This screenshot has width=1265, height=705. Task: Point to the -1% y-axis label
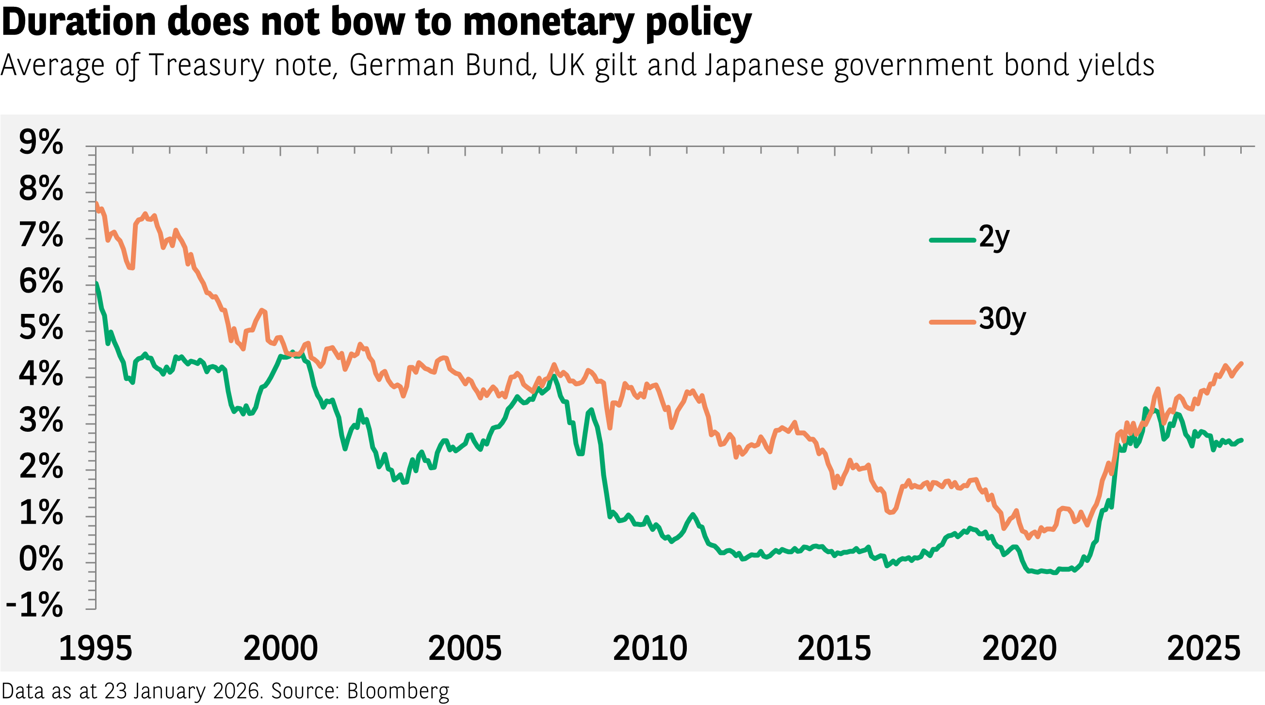point(34,605)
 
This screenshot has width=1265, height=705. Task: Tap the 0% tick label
point(41,558)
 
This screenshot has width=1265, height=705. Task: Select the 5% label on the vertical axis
point(41,328)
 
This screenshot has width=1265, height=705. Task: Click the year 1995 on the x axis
point(96,649)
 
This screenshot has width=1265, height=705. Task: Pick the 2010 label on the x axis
point(649,649)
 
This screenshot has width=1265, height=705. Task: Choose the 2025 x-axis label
point(1203,649)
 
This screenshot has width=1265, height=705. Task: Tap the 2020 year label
point(1020,649)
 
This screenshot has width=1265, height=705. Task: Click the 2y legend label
point(994,238)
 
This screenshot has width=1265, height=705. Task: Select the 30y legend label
point(1002,319)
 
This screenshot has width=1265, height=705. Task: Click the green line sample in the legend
point(952,240)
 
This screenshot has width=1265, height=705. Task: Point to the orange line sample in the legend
point(952,322)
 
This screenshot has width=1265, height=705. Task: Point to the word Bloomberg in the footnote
point(398,691)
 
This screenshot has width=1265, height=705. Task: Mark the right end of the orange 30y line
point(1242,363)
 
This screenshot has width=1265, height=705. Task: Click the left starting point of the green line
point(97,283)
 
